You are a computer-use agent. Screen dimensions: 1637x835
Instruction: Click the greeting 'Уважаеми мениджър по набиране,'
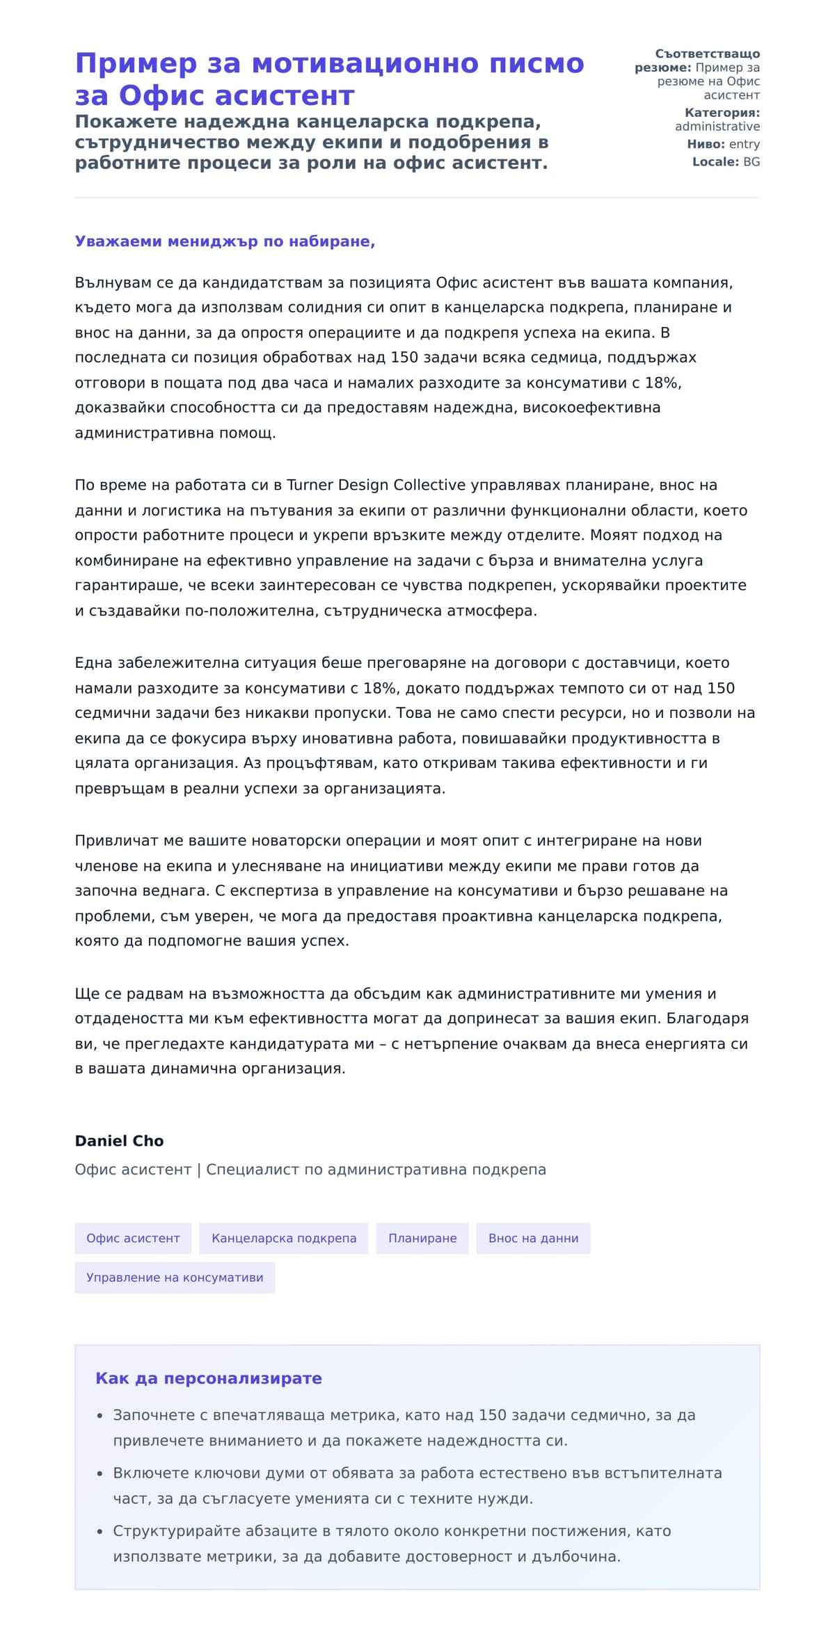pos(225,241)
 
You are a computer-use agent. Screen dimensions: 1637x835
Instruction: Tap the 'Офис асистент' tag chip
pos(133,1238)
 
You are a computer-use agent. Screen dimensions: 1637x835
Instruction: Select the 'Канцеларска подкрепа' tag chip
pos(284,1238)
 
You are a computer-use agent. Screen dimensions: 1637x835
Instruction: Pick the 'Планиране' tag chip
pos(422,1238)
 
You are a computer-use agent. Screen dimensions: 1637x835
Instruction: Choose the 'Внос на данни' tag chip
pos(533,1238)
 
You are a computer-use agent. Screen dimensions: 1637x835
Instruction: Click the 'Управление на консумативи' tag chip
pos(175,1277)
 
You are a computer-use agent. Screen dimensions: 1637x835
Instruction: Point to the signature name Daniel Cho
pos(119,1141)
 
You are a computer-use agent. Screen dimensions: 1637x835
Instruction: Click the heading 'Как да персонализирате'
pos(209,1378)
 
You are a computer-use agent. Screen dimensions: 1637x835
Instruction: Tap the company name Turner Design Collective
pos(376,485)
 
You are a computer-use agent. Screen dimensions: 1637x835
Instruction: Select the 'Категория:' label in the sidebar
pos(722,113)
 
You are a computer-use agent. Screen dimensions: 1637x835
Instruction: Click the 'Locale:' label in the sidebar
pos(715,162)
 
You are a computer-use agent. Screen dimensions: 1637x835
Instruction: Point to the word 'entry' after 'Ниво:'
pos(745,144)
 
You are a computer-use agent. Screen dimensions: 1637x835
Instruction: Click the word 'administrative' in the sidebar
pos(717,127)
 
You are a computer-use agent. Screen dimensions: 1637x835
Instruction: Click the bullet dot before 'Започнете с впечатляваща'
pos(100,1416)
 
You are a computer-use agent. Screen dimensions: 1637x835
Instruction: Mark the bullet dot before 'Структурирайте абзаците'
pos(100,1531)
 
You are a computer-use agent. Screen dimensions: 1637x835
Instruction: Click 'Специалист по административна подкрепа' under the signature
pos(376,1169)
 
